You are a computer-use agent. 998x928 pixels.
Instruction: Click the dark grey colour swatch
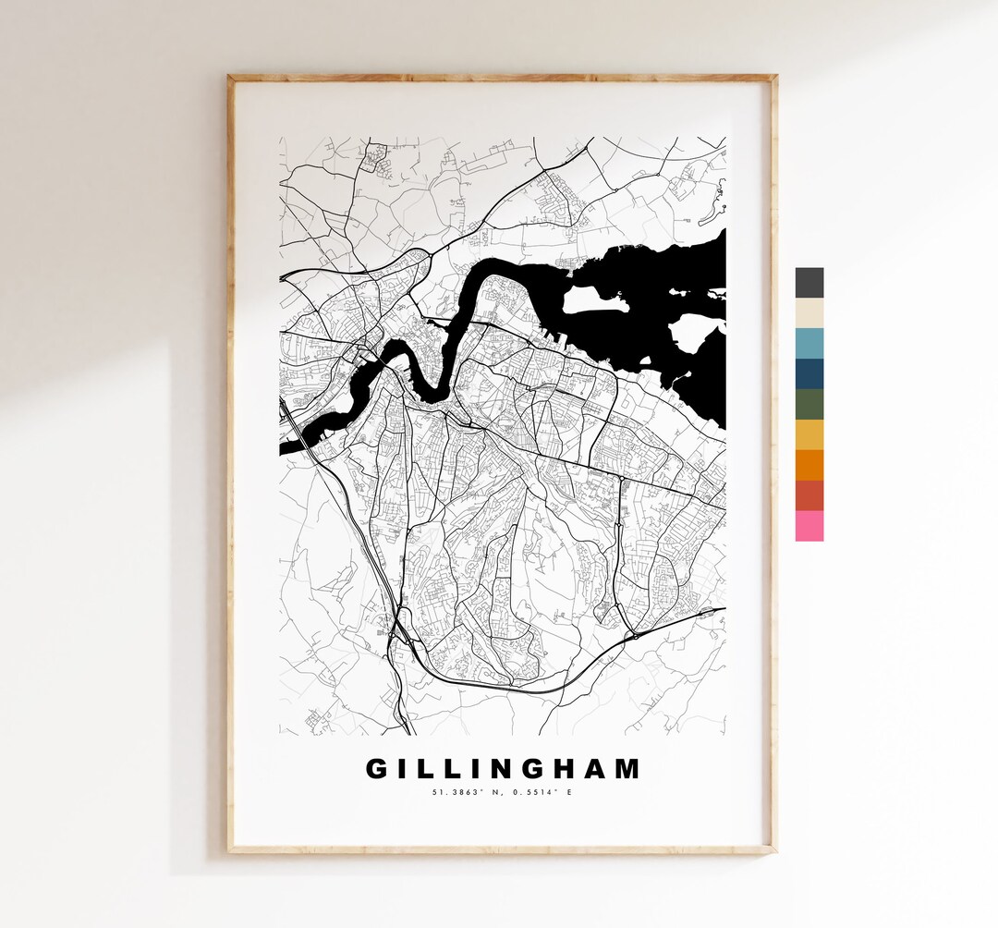click(809, 283)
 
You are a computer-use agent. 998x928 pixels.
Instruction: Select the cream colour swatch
click(809, 313)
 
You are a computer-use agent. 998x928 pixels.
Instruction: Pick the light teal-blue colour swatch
click(809, 344)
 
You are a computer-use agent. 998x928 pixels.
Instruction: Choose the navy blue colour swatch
click(809, 374)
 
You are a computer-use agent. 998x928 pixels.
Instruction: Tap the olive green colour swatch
click(809, 405)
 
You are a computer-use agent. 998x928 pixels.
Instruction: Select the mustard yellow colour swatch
click(809, 435)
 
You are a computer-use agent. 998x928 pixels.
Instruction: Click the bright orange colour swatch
click(809, 466)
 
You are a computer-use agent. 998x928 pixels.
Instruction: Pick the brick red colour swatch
click(809, 496)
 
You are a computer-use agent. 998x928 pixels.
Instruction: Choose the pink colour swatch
click(809, 526)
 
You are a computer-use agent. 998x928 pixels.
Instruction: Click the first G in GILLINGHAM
click(379, 769)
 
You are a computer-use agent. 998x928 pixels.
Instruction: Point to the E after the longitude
click(569, 792)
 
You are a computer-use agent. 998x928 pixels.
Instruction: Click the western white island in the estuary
click(591, 299)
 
